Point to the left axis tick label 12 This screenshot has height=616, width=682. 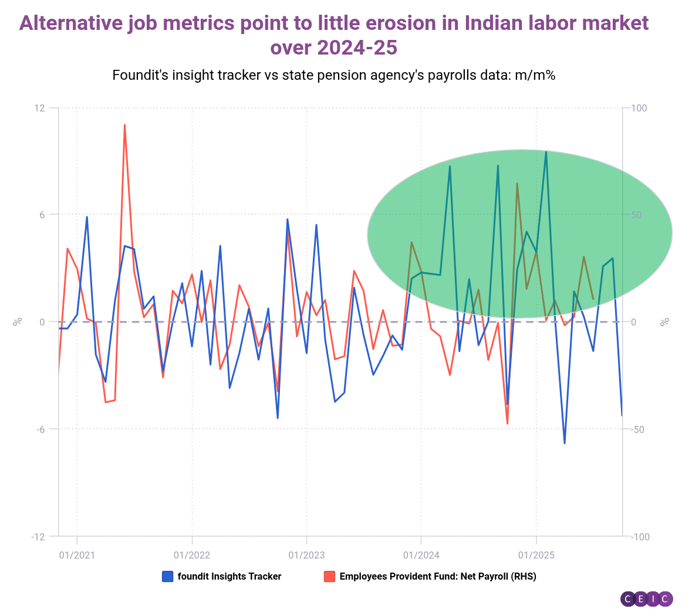(x=39, y=108)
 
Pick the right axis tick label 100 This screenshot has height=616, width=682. (x=639, y=108)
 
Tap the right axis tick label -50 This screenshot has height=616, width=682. (x=639, y=429)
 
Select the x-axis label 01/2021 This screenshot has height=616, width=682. (x=77, y=554)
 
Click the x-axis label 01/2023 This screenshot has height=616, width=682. (x=306, y=554)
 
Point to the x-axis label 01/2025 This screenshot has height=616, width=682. (x=536, y=554)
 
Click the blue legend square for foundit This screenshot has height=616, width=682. (x=167, y=577)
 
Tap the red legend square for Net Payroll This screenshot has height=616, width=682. (x=329, y=577)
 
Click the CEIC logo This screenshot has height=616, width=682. (x=646, y=599)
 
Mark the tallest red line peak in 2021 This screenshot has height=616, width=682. (x=124, y=125)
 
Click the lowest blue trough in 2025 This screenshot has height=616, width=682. (x=565, y=443)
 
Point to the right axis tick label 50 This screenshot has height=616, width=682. (x=637, y=215)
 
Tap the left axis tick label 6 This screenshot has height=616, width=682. (x=42, y=215)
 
